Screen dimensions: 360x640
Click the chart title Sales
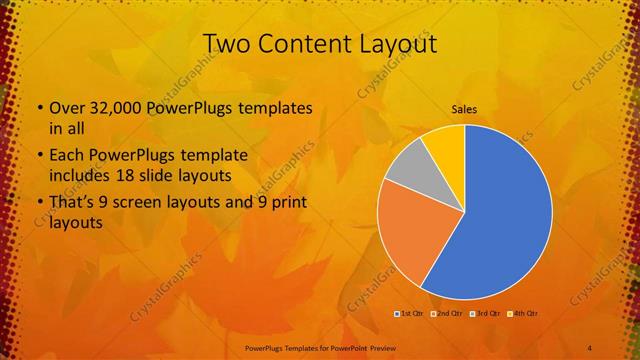[x=463, y=108]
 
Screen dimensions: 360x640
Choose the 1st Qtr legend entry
[x=408, y=314]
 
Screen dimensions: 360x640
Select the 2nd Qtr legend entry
[x=446, y=314]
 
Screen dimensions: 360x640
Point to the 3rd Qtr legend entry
[x=485, y=314]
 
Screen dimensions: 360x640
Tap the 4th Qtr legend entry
[x=523, y=314]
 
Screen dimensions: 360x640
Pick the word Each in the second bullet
[x=66, y=156]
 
